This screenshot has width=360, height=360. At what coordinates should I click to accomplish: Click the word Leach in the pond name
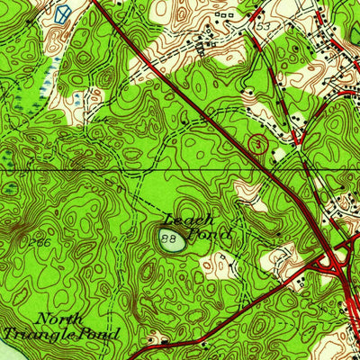[x=191, y=220]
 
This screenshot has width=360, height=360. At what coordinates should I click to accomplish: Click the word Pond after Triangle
[x=103, y=334]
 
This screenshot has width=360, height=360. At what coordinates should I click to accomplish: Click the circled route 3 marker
[x=258, y=141]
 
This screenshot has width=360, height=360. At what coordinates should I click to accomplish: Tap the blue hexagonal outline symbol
[x=61, y=13]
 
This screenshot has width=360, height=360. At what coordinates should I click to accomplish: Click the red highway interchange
[x=334, y=260]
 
